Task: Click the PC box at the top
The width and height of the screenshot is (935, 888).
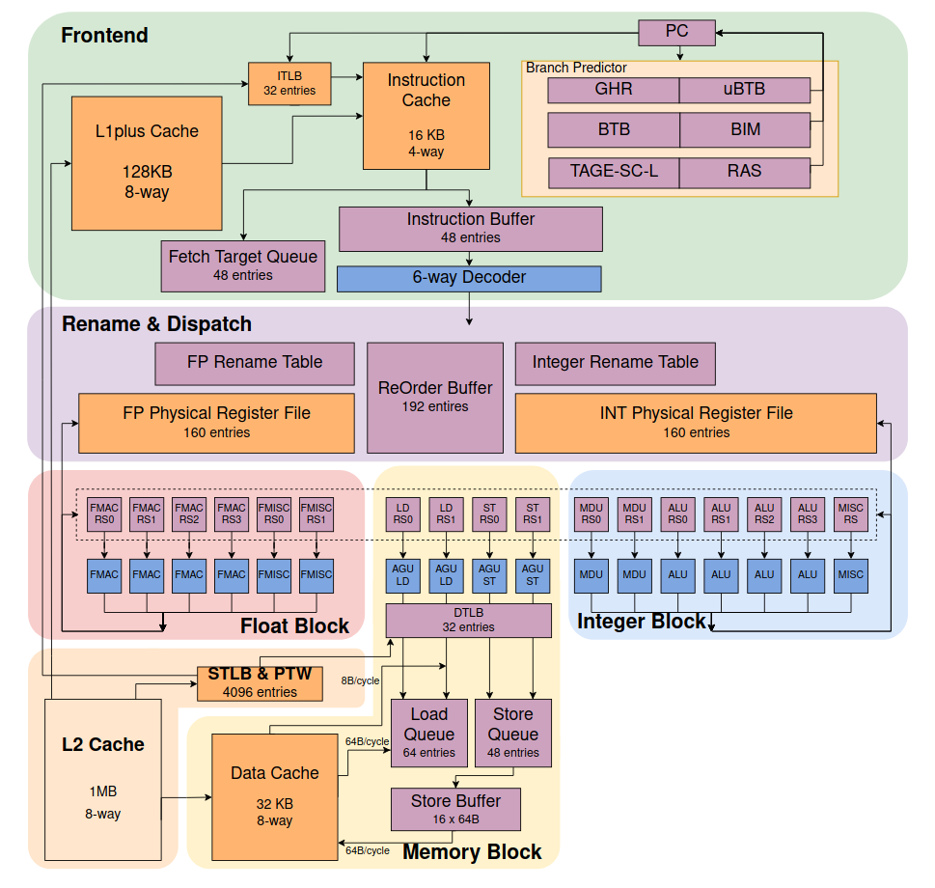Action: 676,32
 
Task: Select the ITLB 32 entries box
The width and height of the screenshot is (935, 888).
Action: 289,84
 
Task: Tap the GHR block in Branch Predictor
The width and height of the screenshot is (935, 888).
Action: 614,90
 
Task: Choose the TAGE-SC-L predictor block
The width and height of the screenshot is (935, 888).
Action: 614,172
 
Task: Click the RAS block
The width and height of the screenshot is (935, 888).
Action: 744,172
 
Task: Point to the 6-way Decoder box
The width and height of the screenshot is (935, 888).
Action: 469,278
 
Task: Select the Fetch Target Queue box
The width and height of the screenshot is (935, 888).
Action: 242,265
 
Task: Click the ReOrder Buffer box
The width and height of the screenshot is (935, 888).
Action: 435,397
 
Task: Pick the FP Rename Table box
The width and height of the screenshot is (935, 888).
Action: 255,363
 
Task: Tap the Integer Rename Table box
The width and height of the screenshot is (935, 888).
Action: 616,363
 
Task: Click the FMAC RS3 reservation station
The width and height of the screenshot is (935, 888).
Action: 232,513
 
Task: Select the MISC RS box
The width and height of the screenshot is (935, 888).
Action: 850,513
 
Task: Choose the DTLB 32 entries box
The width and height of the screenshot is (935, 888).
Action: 469,621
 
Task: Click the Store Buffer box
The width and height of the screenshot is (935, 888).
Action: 456,809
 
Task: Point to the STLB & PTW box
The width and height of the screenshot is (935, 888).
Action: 260,681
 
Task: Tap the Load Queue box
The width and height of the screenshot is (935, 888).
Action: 429,733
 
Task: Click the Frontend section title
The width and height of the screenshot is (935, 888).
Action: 104,36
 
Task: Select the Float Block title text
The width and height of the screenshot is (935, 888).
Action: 294,626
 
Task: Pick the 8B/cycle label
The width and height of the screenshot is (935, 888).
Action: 360,680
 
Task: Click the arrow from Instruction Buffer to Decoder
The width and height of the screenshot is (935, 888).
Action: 470,259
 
